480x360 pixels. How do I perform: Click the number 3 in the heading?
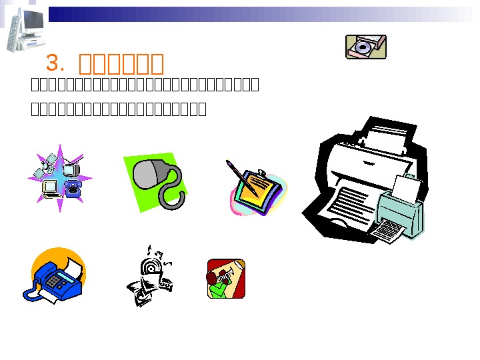53,63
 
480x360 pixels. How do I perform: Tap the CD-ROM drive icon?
365,47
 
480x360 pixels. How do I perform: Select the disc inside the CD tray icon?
363,48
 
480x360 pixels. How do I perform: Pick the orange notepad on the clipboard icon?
257,186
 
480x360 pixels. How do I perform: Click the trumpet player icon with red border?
226,279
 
